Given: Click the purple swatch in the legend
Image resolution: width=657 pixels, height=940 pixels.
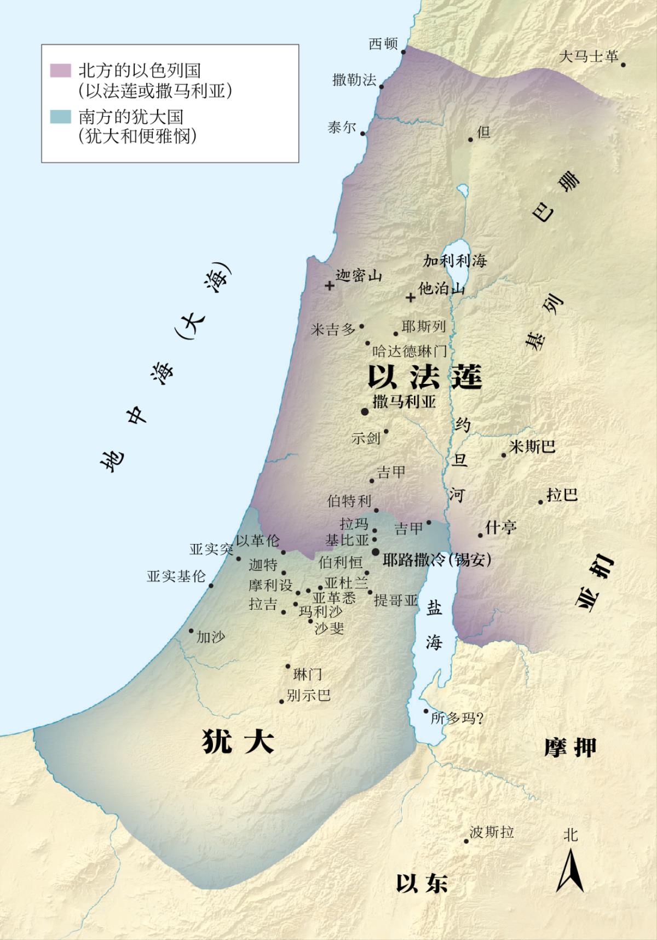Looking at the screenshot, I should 60,70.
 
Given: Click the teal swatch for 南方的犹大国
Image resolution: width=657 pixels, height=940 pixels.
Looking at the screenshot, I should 60,117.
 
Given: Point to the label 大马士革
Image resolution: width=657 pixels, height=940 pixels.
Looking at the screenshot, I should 589,56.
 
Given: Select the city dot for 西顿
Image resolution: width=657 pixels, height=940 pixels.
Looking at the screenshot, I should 404,52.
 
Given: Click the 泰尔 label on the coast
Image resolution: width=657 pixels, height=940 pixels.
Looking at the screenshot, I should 342,128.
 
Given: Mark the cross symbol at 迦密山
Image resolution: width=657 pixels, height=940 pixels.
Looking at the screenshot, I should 329,286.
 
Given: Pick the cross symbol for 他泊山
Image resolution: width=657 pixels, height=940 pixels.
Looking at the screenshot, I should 410,298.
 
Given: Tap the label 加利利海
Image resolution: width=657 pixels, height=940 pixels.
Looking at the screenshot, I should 454,261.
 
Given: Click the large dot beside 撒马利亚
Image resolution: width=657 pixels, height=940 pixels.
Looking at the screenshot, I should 364,411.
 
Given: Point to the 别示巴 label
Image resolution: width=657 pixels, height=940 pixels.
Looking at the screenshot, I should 309,695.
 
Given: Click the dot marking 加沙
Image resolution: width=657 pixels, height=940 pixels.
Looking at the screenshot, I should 192,631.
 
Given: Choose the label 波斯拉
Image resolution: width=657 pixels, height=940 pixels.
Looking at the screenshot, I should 492,832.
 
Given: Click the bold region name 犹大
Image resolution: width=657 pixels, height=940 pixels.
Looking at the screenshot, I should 238,743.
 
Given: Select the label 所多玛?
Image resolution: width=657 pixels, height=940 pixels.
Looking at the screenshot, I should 457,718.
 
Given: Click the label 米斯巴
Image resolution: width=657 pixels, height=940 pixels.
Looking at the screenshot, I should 532,447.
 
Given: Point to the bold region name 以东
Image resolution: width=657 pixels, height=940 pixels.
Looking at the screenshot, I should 422,884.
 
